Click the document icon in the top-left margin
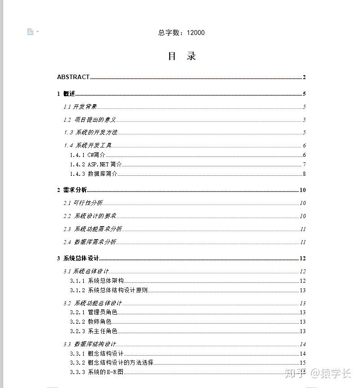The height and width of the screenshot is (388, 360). pyautogui.click(x=30, y=31)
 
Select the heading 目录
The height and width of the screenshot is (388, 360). pyautogui.click(x=182, y=56)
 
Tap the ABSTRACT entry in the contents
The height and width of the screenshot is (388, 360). pyautogui.click(x=73, y=77)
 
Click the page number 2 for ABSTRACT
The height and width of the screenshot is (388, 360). pyautogui.click(x=304, y=77)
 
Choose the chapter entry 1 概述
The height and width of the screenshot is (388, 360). pyautogui.click(x=66, y=94)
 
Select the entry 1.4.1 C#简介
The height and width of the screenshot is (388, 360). pyautogui.click(x=87, y=155)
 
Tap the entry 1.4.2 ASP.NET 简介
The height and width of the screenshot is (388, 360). pyautogui.click(x=96, y=165)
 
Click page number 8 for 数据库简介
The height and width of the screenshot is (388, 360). pyautogui.click(x=304, y=174)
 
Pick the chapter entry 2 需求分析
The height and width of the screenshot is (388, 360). pyautogui.click(x=72, y=190)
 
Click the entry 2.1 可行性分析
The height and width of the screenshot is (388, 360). pyautogui.click(x=83, y=203)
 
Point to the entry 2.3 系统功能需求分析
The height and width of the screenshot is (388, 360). pyautogui.click(x=92, y=229)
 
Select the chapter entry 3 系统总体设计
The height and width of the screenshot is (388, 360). pyautogui.click(x=78, y=259)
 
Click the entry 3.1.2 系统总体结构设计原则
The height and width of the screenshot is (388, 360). pyautogui.click(x=108, y=290)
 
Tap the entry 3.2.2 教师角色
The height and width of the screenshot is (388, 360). pyautogui.click(x=90, y=322)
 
